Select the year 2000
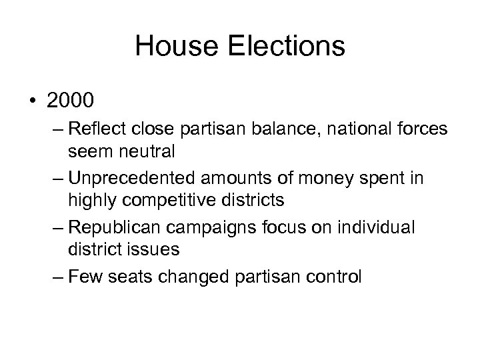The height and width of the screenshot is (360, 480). (x=73, y=101)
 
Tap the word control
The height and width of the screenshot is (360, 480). (x=328, y=275)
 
